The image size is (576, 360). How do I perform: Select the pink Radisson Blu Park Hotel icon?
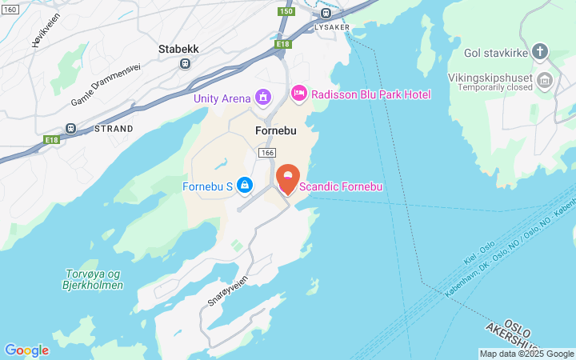[x=299, y=94]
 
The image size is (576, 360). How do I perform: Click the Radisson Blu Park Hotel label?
[x=370, y=94]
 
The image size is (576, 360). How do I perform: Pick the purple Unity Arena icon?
[x=262, y=98]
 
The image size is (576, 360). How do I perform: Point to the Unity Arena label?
[x=222, y=98]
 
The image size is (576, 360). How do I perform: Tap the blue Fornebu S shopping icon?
[x=246, y=186]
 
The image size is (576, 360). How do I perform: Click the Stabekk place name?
[x=178, y=49]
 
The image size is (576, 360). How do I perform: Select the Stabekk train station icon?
[x=186, y=63]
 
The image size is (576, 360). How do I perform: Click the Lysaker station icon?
[x=325, y=13]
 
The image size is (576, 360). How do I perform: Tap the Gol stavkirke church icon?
[x=540, y=54]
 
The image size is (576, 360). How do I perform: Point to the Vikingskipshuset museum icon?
[x=546, y=79]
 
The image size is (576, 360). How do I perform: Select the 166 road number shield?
[x=267, y=152]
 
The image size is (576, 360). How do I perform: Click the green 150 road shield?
[x=286, y=11]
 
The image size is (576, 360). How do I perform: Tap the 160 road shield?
[x=10, y=9]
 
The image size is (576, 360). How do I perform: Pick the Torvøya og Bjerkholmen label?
[x=94, y=279]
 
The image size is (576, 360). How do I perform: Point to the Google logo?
[x=26, y=350]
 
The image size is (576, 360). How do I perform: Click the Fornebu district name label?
[x=276, y=130]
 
